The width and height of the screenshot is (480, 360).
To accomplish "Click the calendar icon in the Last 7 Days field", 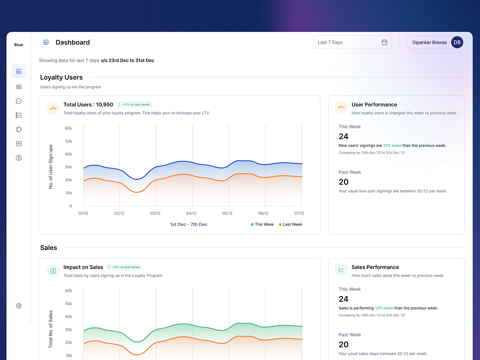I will tap(384, 42).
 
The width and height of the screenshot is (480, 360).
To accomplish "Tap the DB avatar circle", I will tap(457, 42).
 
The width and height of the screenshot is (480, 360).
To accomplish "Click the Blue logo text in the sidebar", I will tap(19, 45).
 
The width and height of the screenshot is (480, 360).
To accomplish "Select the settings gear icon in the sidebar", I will tap(19, 306).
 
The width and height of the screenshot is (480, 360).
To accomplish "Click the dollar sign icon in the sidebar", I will tap(19, 158).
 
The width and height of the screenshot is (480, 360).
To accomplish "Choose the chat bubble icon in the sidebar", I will tap(19, 101).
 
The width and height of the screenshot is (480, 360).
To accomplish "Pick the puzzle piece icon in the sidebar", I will tap(19, 129).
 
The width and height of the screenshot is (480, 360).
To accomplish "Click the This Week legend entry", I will tap(262, 224).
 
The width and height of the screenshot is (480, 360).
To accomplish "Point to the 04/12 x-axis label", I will tap(191, 214).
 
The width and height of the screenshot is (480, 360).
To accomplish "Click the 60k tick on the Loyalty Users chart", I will tap(68, 128).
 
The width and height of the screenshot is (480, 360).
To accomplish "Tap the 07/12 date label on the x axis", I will tap(299, 214).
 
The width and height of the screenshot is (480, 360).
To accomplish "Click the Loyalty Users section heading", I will tap(61, 78).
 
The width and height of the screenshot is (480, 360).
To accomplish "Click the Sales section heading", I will tap(48, 248).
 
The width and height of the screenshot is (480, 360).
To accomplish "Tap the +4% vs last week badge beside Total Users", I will tap(134, 105).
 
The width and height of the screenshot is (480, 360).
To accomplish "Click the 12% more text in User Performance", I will tap(392, 146).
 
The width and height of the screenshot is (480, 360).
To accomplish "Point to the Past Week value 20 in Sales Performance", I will tap(344, 344).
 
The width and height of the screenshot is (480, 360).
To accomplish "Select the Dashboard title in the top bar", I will tap(72, 42).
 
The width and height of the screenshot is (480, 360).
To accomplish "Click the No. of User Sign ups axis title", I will tap(51, 167).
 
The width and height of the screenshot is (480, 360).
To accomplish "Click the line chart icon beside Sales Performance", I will tap(341, 270).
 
